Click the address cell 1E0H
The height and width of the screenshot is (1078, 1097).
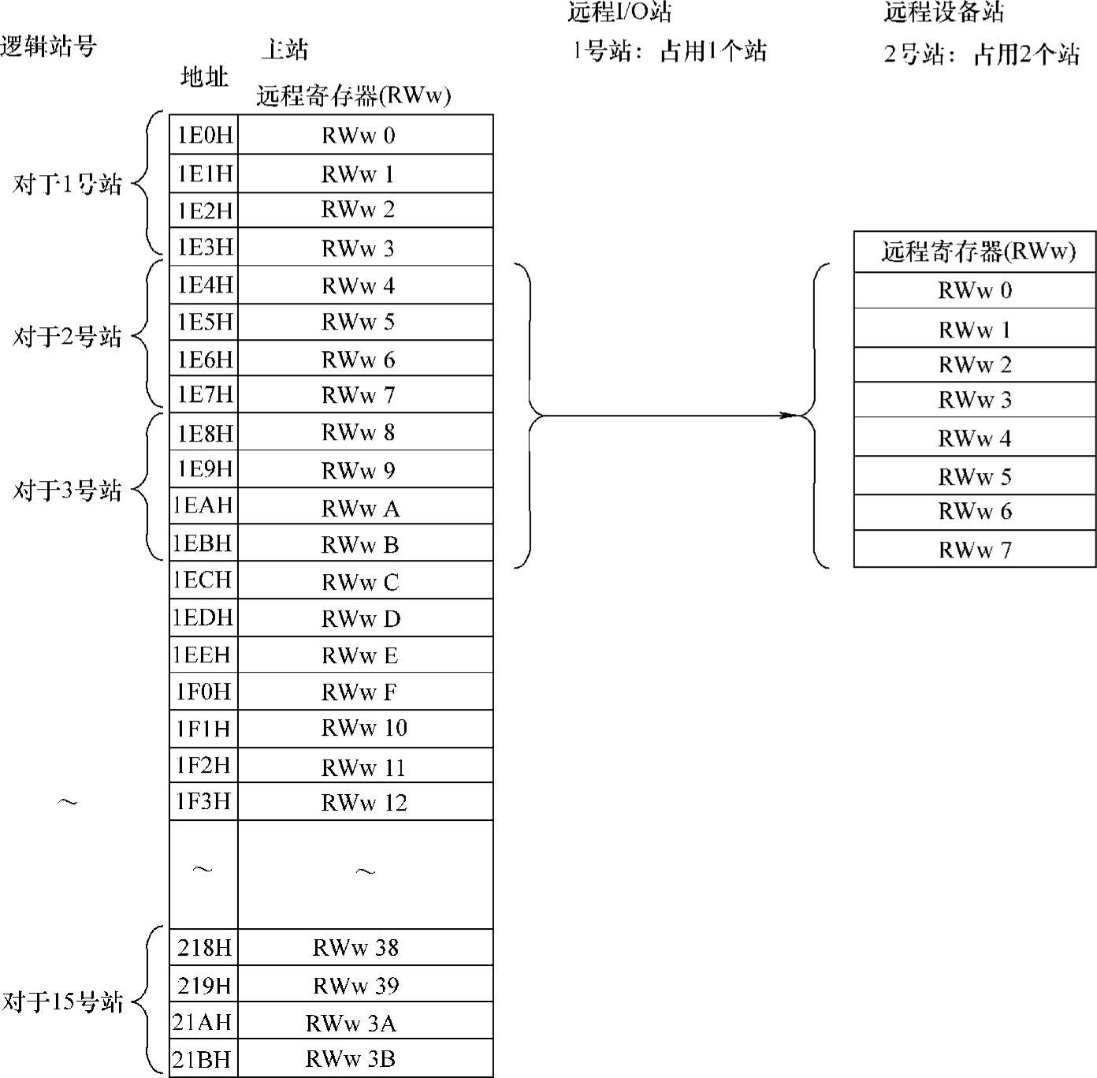(204, 135)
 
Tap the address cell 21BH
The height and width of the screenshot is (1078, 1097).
(203, 1059)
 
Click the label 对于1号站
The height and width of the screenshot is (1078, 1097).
(68, 185)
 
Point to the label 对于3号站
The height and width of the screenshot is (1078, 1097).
(68, 491)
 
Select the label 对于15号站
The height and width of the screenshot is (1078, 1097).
(63, 1002)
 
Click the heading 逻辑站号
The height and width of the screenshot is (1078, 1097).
(49, 46)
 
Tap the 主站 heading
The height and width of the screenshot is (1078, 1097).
(284, 50)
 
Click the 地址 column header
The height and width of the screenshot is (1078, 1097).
(204, 77)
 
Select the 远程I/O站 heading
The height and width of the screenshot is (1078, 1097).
(619, 12)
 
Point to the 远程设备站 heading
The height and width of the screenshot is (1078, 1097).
(944, 12)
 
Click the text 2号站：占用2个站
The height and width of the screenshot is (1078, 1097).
(981, 54)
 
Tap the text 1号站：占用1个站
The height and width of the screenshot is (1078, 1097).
(669, 52)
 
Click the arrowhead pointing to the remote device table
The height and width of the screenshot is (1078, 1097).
(789, 415)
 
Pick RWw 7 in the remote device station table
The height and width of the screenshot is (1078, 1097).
(975, 550)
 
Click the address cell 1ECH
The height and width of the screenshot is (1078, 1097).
(203, 580)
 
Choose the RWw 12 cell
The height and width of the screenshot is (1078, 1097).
(364, 803)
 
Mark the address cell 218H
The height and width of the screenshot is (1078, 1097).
(204, 947)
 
